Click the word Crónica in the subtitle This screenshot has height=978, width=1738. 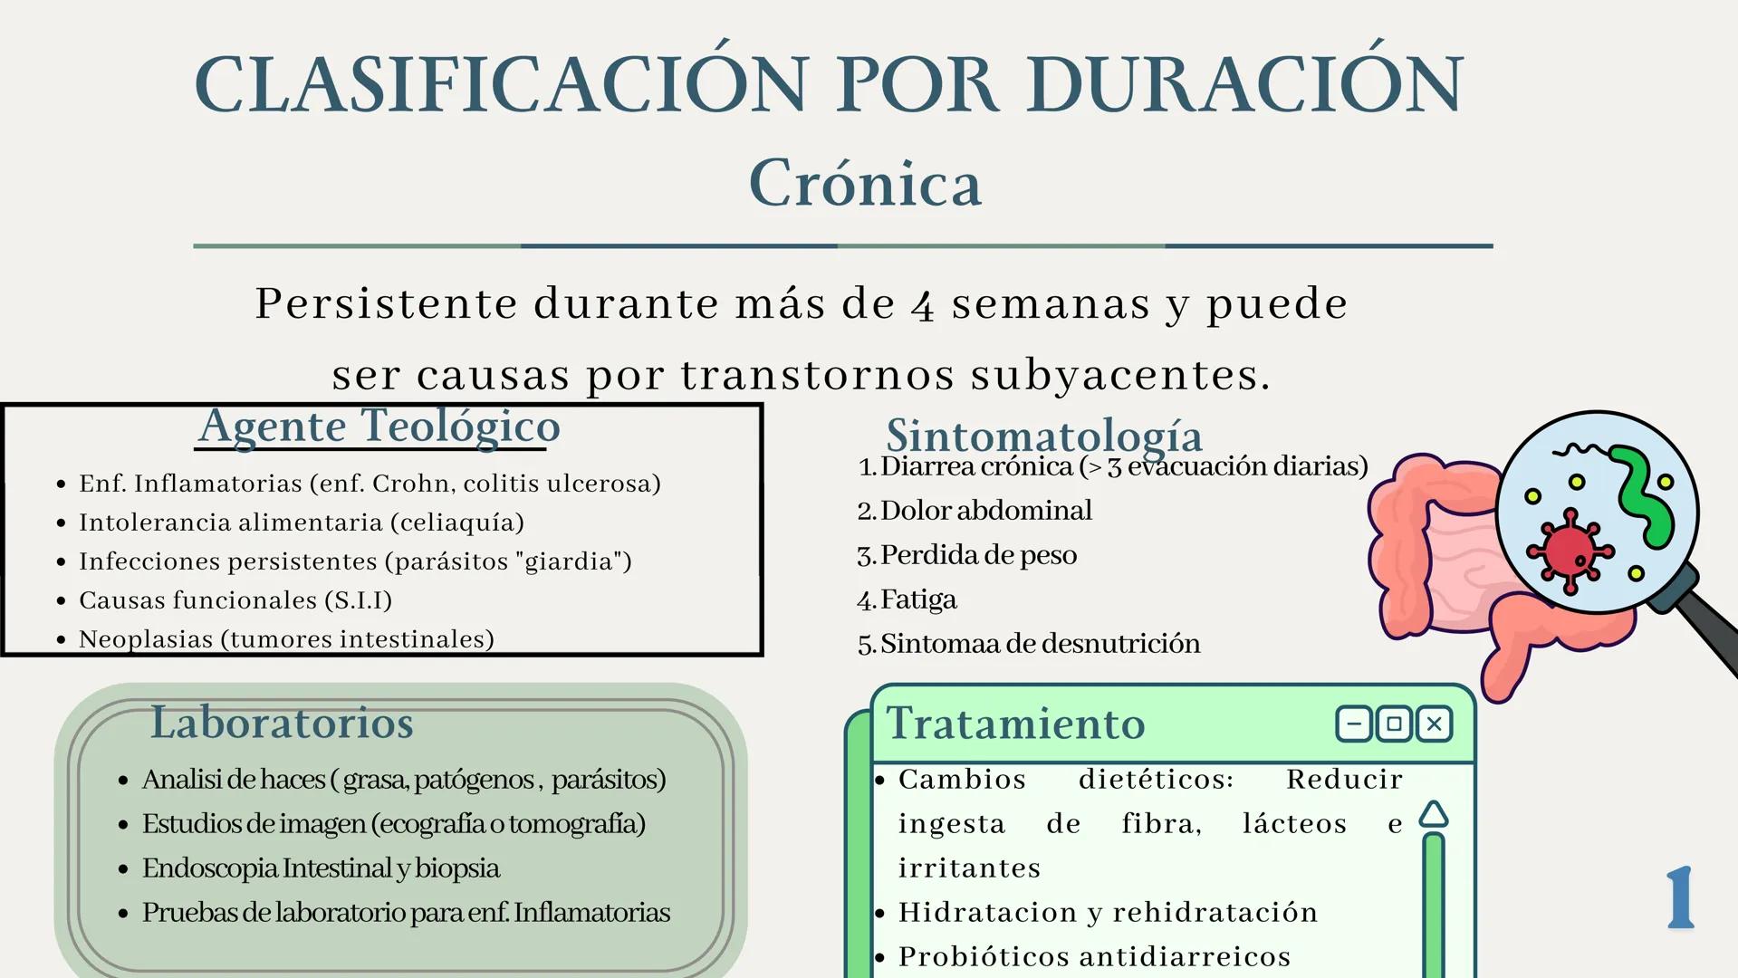(x=865, y=184)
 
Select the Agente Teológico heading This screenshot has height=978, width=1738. (x=379, y=426)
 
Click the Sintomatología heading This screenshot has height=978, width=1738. (x=1043, y=436)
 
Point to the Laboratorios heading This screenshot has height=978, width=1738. (x=282, y=723)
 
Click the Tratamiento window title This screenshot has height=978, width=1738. (x=1015, y=724)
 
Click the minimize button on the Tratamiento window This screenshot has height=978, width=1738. (x=1354, y=724)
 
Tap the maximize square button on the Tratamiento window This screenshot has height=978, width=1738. (x=1394, y=724)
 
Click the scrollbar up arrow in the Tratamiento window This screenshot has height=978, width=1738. (x=1433, y=814)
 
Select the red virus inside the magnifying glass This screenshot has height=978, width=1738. (x=1569, y=551)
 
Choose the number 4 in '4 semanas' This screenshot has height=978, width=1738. (x=922, y=306)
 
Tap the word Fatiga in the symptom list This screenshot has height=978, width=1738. (x=918, y=599)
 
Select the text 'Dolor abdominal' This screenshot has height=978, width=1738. (x=985, y=511)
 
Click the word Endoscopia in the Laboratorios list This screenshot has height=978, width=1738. (x=210, y=868)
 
